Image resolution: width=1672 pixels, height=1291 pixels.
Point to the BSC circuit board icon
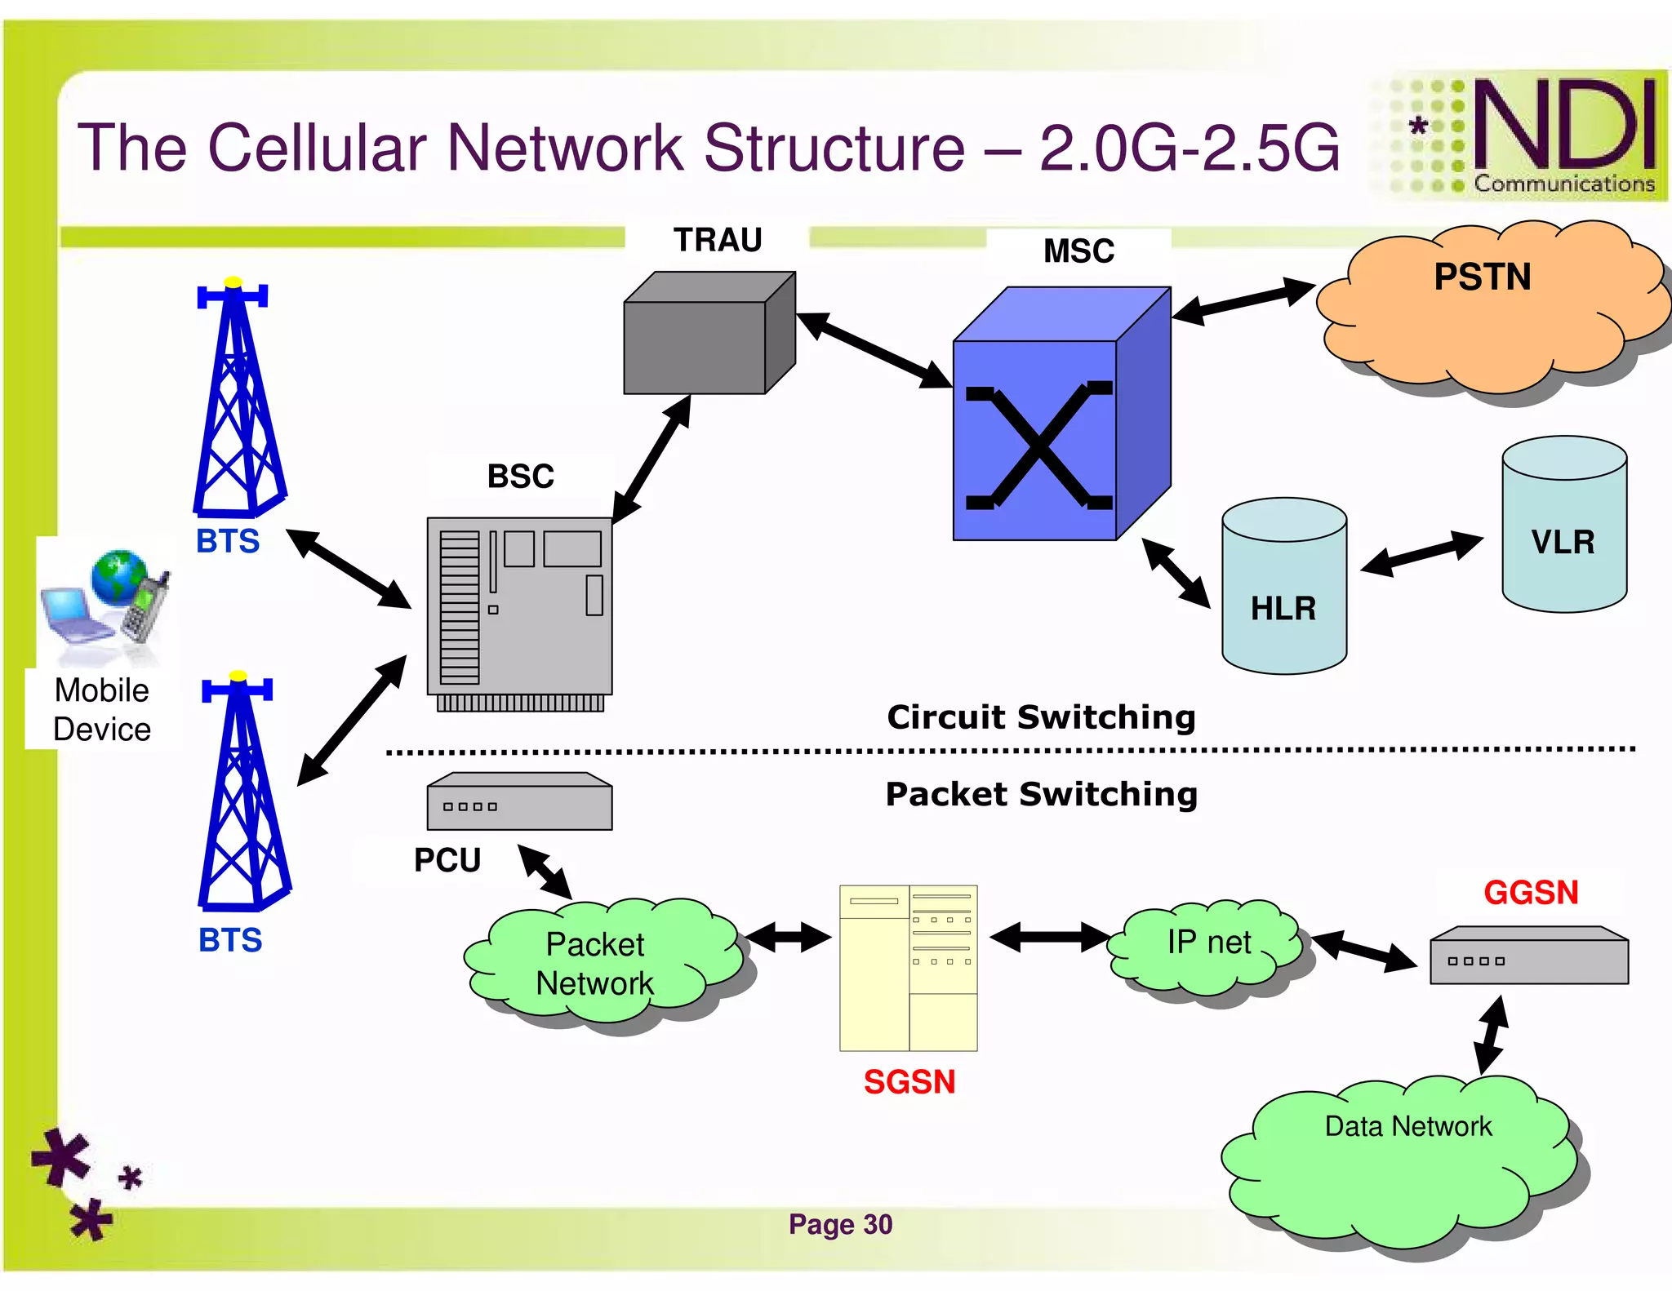point(519,608)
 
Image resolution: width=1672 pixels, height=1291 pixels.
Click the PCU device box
point(519,803)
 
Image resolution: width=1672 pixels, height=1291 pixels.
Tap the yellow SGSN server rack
point(908,968)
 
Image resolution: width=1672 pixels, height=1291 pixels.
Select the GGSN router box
point(1528,956)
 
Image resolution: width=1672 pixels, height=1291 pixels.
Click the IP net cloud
point(1208,947)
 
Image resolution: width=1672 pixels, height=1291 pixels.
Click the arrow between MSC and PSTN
point(1243,301)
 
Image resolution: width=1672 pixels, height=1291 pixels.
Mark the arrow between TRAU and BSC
point(651,459)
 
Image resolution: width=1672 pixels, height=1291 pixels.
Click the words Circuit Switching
point(1041,717)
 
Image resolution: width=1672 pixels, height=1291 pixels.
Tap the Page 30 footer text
point(840,1224)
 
